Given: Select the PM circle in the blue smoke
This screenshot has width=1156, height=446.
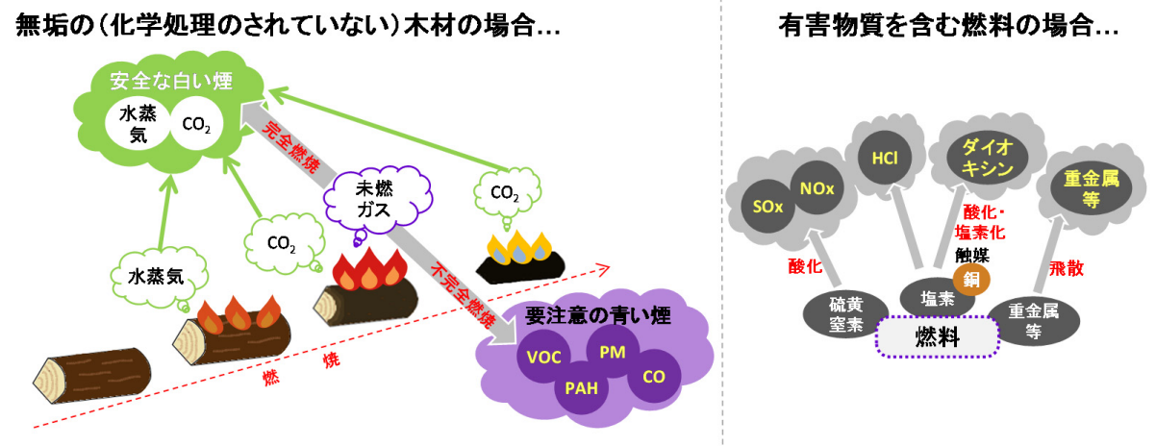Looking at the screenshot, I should [613, 351].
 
